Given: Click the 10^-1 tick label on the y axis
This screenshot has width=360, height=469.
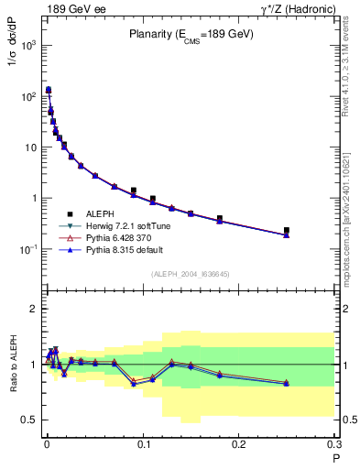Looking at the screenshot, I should pyautogui.click(x=28, y=249).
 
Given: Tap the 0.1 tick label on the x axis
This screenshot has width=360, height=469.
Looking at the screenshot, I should pyautogui.click(x=144, y=443).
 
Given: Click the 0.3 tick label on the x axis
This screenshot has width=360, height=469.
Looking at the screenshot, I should pyautogui.click(x=334, y=443).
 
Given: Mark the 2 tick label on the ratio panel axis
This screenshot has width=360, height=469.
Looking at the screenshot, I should pyautogui.click(x=32, y=309).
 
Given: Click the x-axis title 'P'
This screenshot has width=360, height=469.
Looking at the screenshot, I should pyautogui.click(x=336, y=455).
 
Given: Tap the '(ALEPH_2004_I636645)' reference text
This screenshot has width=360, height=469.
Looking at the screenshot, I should pyautogui.click(x=191, y=274).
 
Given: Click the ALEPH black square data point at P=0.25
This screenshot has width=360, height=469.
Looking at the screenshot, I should pyautogui.click(x=287, y=231).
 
